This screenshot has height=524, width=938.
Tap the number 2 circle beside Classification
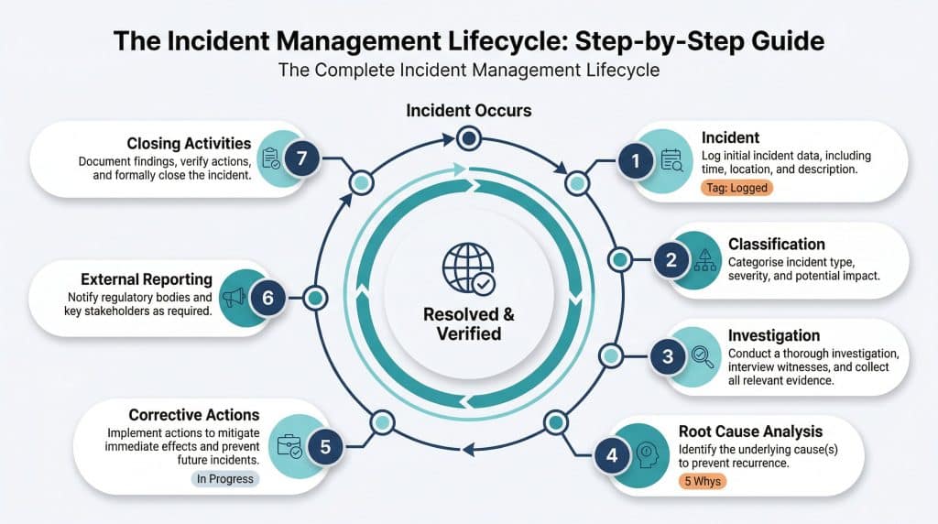point(671,260)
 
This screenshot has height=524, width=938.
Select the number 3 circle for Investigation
point(668,357)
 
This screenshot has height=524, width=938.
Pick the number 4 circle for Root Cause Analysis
point(612,453)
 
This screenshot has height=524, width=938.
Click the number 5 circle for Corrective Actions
point(325,447)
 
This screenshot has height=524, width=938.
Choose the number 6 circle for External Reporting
point(267,298)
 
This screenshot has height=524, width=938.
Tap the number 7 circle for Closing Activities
point(302,158)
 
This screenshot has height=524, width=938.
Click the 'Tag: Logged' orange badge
point(738,187)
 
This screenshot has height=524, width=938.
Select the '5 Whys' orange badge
point(702,480)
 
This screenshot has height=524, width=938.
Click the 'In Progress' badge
point(225,478)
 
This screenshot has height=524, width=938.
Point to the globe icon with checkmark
point(468,267)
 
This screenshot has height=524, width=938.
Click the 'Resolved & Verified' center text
point(468,324)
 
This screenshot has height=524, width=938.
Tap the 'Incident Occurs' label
point(469,111)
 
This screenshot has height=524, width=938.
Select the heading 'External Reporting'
point(147,279)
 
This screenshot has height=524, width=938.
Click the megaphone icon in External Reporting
point(233,297)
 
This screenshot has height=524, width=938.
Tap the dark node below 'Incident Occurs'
point(469,139)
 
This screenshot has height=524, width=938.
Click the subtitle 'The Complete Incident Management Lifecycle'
point(469,71)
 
